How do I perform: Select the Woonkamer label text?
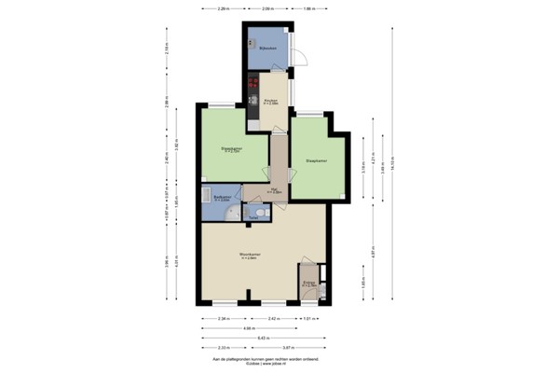pos(249,254)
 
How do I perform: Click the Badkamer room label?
pos(222,198)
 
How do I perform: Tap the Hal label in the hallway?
pos(276,190)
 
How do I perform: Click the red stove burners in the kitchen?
pos(252,88)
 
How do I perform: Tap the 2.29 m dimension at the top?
pos(223,9)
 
